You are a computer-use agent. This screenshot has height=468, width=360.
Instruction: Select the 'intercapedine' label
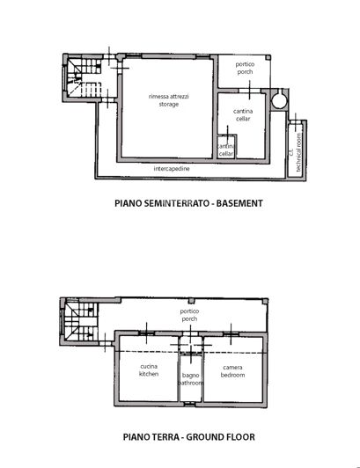tap(170, 167)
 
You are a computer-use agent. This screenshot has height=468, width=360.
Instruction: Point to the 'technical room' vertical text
tap(299, 150)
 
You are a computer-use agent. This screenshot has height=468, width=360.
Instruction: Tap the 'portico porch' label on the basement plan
tap(245, 70)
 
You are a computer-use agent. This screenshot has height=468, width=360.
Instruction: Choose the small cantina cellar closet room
tap(225, 150)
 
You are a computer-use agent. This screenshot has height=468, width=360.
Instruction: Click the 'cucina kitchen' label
tap(149, 370)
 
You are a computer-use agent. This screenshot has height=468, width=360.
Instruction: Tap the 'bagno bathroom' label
tap(191, 380)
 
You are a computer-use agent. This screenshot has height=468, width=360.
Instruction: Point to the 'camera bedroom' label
tap(232, 370)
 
